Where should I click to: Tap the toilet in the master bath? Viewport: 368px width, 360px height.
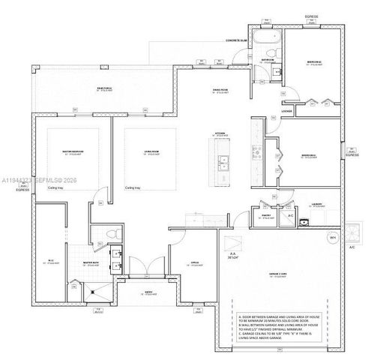pyautogui.click(x=110, y=235)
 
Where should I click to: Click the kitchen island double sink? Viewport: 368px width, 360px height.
pyautogui.click(x=223, y=161)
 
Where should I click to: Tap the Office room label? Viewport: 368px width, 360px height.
pyautogui.click(x=194, y=263)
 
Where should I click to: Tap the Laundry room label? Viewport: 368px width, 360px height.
pyautogui.click(x=316, y=204)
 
